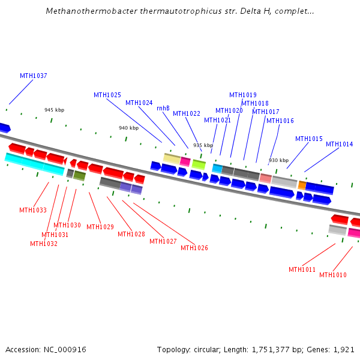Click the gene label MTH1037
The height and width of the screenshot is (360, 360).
[x=33, y=76]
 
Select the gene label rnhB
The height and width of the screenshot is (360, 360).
[x=163, y=109]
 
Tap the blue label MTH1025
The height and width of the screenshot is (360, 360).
[x=107, y=95]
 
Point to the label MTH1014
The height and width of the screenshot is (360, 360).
[x=340, y=145]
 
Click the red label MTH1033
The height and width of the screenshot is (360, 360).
[x=33, y=211]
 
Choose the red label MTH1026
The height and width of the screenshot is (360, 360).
[x=194, y=248]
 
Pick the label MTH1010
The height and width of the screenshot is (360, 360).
[x=333, y=275]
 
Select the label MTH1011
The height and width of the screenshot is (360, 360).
[x=302, y=270]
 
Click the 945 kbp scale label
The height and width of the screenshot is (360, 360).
[x=54, y=110]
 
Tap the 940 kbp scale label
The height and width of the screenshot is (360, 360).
[x=128, y=128]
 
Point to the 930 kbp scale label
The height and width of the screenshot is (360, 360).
[x=278, y=161]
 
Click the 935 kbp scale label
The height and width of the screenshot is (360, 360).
[x=203, y=146]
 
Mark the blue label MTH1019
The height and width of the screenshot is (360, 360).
[x=243, y=95]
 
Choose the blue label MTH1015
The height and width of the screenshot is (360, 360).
[x=309, y=139]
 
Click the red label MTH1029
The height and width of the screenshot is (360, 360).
[x=100, y=227]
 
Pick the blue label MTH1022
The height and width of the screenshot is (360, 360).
[x=187, y=114]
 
